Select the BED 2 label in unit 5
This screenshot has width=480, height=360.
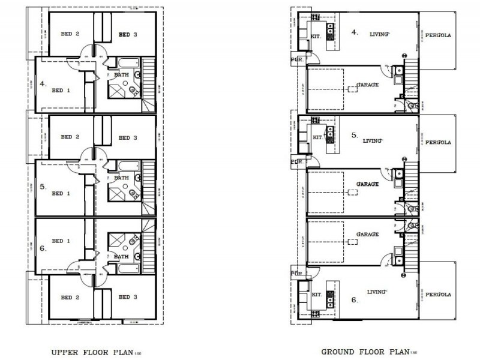[70, 137]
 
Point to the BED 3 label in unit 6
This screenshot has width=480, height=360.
[128, 297]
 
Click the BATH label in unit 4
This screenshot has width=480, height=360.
[122, 74]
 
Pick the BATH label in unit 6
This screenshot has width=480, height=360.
[122, 256]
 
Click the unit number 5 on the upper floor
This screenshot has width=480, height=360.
[43, 187]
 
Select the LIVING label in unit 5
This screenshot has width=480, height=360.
[373, 140]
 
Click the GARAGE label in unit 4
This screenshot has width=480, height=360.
[367, 85]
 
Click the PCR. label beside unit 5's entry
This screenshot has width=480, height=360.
[296, 162]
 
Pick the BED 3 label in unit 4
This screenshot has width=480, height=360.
[128, 34]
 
